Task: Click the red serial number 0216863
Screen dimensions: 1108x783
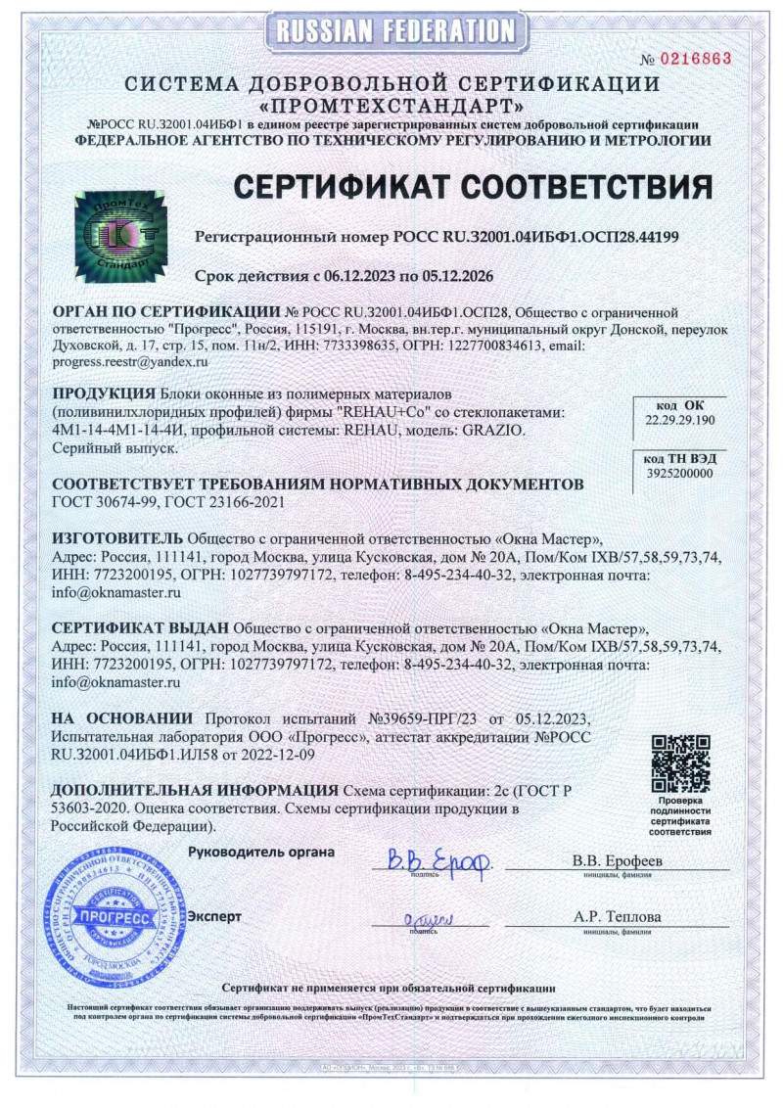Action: (x=696, y=59)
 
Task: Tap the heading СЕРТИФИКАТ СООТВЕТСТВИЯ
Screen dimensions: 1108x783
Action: (x=471, y=186)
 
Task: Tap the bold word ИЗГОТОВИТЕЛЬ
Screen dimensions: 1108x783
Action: (x=116, y=538)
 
